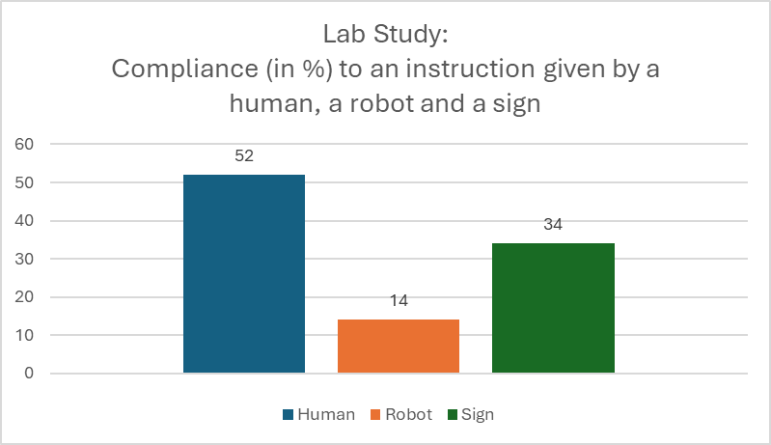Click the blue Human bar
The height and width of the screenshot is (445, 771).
pyautogui.click(x=244, y=273)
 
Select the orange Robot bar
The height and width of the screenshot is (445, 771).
pyautogui.click(x=399, y=346)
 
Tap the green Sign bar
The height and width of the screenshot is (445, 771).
pyautogui.click(x=553, y=308)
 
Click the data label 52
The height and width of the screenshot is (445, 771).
pyautogui.click(x=244, y=156)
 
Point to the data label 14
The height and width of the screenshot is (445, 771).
pyautogui.click(x=399, y=301)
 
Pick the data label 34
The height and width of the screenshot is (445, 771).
pyautogui.click(x=553, y=225)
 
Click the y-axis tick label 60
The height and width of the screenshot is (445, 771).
pyautogui.click(x=25, y=145)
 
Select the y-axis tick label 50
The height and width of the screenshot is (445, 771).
pyautogui.click(x=25, y=182)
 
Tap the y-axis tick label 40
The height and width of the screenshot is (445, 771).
pyautogui.click(x=25, y=221)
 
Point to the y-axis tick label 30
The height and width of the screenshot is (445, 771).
pyautogui.click(x=25, y=259)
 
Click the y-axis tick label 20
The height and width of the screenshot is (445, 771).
pyautogui.click(x=25, y=297)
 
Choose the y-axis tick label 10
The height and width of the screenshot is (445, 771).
pyautogui.click(x=25, y=335)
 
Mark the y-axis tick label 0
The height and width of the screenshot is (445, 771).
pyautogui.click(x=29, y=374)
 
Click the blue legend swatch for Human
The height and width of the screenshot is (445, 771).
pyautogui.click(x=288, y=415)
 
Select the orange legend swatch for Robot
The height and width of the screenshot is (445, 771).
pyautogui.click(x=375, y=415)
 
